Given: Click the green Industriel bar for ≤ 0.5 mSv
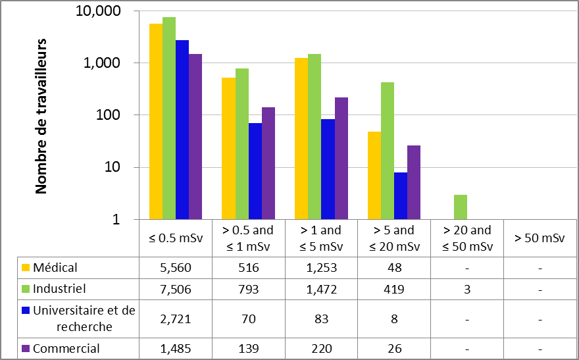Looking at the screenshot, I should pos(169,118).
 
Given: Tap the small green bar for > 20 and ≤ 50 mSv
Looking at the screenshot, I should pos(460,207).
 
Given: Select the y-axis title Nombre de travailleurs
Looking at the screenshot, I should pos(41,116).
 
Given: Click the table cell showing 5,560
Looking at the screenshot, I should pos(176,268).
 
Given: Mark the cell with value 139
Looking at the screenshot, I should pos(249,348).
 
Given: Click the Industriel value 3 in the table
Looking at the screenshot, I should pos(466,288).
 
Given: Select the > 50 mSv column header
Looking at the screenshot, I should pos(539,238).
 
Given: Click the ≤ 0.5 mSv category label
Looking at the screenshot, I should pos(176,238).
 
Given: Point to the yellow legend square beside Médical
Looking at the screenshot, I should pos(26,268).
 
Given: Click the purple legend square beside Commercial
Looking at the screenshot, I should pos(26,348).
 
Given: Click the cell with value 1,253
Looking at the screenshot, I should pos(321,268).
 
